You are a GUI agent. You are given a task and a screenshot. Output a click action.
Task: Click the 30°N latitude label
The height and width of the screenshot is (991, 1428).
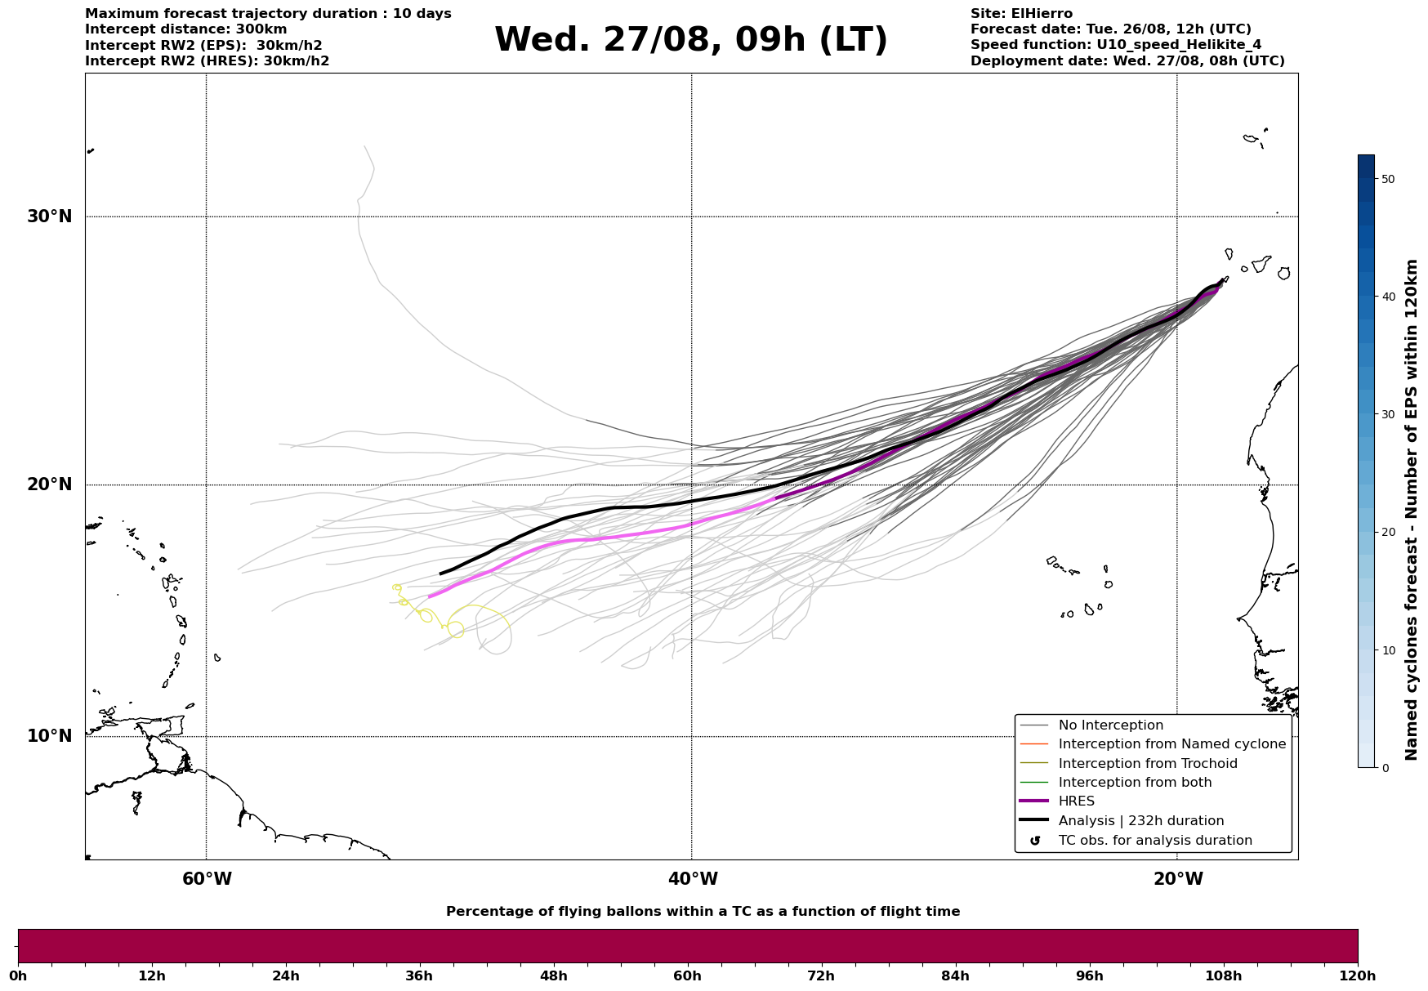(50, 217)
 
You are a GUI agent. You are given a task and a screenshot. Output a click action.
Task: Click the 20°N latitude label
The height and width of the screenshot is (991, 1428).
(50, 484)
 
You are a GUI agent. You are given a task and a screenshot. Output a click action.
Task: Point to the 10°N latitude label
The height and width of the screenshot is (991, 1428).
(50, 736)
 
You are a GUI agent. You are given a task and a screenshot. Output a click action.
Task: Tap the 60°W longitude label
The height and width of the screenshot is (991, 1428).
(207, 879)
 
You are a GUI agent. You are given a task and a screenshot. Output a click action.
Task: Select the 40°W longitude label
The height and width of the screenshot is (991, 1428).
(693, 879)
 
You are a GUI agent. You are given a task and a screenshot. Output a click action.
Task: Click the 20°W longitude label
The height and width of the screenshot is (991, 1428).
(1178, 879)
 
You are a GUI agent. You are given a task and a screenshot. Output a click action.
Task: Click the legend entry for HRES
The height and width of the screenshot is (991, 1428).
(1076, 801)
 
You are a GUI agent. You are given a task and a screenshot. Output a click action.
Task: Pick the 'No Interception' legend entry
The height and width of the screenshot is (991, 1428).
(1110, 725)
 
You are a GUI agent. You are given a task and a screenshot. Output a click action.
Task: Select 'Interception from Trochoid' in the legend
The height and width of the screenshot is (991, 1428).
(1147, 764)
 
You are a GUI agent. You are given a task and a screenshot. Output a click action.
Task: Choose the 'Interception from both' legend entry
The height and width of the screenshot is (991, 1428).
(1135, 783)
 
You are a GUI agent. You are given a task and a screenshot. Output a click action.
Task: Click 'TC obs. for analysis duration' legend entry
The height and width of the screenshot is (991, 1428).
(1154, 841)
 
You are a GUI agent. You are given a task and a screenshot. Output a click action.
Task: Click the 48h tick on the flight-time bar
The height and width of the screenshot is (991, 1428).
(554, 975)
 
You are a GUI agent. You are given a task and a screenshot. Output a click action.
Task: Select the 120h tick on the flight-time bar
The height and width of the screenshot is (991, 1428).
(1358, 975)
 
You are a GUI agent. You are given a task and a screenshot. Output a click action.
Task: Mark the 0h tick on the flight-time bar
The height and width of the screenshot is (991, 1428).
(18, 975)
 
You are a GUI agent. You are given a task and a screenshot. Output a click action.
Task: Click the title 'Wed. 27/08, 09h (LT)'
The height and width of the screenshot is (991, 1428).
(690, 40)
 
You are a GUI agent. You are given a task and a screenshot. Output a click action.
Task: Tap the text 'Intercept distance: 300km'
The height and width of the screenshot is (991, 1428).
(185, 29)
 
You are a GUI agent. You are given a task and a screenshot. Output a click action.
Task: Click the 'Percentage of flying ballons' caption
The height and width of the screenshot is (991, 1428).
(703, 912)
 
